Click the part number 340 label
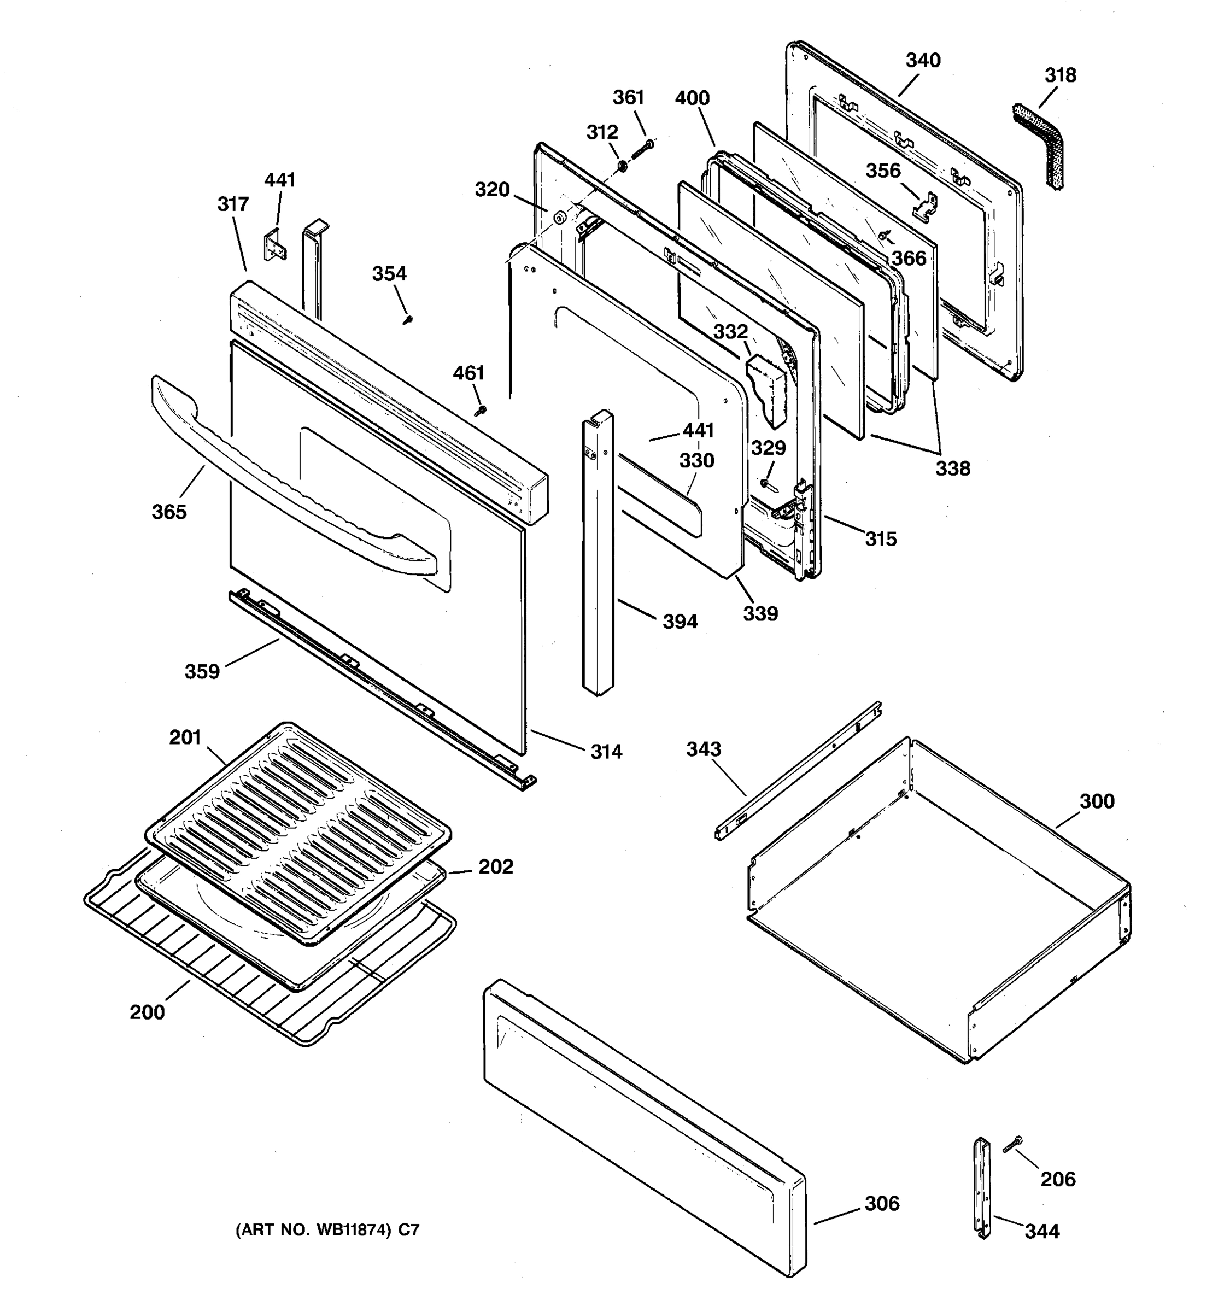pyautogui.click(x=923, y=61)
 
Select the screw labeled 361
pyautogui.click(x=642, y=149)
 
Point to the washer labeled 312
pyautogui.click(x=622, y=163)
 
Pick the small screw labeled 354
pyautogui.click(x=407, y=320)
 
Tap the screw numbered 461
pyautogui.click(x=481, y=411)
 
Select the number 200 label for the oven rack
pyautogui.click(x=147, y=1012)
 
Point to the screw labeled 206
pyautogui.click(x=1012, y=1145)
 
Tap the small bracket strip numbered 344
pyautogui.click(x=982, y=1188)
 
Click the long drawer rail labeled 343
pyautogui.click(x=799, y=771)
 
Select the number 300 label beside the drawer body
pyautogui.click(x=1097, y=802)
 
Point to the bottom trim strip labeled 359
pyautogui.click(x=383, y=690)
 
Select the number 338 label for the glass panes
pyautogui.click(x=952, y=468)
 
